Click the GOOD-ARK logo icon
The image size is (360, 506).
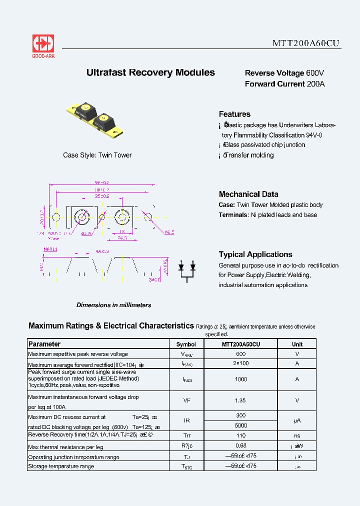[43, 43]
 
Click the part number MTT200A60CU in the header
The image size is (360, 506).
[306, 43]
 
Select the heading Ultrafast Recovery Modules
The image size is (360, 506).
[150, 72]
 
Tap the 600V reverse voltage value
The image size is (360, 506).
[315, 73]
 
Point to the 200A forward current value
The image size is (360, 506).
[315, 84]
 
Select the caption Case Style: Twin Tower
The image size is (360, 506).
[97, 155]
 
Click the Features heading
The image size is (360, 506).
[234, 114]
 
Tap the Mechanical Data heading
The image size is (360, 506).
[248, 194]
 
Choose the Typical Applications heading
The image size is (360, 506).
[255, 254]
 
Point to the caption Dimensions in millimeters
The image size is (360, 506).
[113, 305]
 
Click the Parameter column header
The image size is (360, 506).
[44, 344]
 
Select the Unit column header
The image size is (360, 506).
[297, 344]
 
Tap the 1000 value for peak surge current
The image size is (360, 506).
[241, 379]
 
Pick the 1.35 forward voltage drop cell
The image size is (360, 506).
[241, 400]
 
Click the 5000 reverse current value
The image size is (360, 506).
[241, 425]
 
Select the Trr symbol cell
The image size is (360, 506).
[186, 435]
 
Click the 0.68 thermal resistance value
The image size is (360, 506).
[241, 445]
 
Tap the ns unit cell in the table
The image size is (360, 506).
[297, 435]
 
